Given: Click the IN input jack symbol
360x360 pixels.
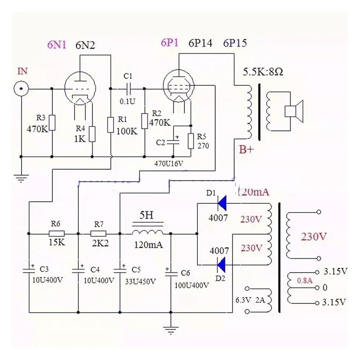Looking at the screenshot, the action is pyautogui.click(x=21, y=89).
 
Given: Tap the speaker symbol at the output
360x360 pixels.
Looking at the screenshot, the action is pyautogui.click(x=294, y=111).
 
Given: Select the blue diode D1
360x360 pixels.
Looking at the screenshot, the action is pyautogui.click(x=222, y=203).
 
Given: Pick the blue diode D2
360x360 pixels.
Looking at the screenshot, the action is pyautogui.click(x=221, y=265).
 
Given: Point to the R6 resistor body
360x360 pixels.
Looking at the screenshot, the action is pyautogui.click(x=57, y=234).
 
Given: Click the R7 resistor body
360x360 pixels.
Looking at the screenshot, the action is pyautogui.click(x=98, y=234).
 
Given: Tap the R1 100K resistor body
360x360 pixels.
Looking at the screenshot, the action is pyautogui.click(x=111, y=125).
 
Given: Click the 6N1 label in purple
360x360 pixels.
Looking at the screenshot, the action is pyautogui.click(x=57, y=44).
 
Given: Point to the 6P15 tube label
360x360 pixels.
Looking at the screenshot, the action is pyautogui.click(x=235, y=43).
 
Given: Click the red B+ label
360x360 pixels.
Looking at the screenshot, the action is pyautogui.click(x=246, y=149).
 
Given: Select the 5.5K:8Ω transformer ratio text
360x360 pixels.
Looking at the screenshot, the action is pyautogui.click(x=263, y=72).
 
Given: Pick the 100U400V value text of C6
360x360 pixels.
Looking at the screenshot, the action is pyautogui.click(x=192, y=285).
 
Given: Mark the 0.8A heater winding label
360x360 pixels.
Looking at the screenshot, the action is pyautogui.click(x=305, y=280).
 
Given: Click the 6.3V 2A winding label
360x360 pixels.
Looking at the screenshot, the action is pyautogui.click(x=250, y=300).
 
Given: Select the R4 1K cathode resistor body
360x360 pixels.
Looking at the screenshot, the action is pyautogui.click(x=92, y=134).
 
